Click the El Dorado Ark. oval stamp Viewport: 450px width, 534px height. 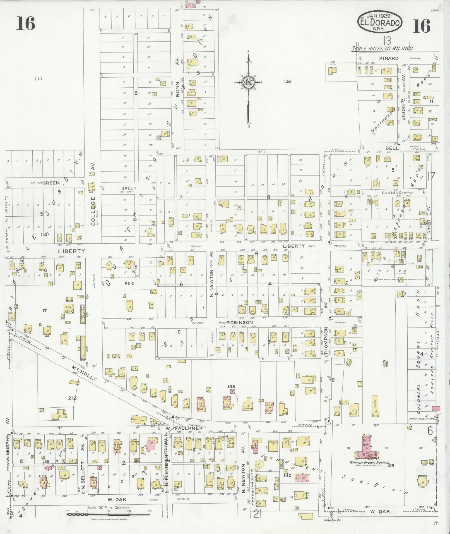tap(380, 21)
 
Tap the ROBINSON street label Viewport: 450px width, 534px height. tap(235, 322)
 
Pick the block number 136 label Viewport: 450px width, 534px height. tap(287, 82)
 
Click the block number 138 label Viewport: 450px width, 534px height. tap(231, 387)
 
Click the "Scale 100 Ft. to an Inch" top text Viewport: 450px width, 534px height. tap(382, 48)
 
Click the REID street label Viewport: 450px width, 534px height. tap(129, 283)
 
